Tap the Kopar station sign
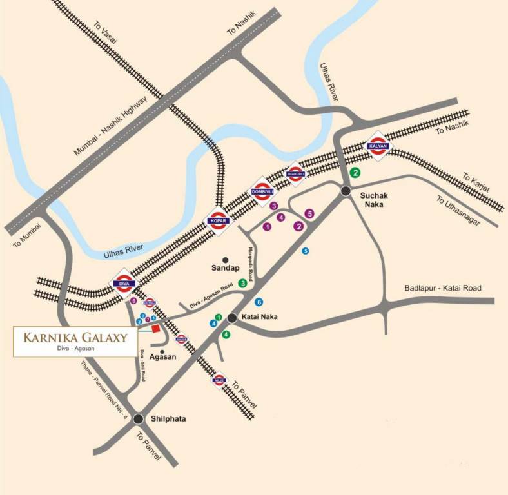(x=216, y=221)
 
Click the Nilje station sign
(x=219, y=380)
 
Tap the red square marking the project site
(x=155, y=329)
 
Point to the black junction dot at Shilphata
(x=139, y=419)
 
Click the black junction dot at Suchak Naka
(x=346, y=190)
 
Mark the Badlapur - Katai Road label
(x=443, y=288)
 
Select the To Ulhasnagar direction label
(x=458, y=210)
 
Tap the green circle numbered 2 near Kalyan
(x=355, y=172)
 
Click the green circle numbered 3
(x=242, y=283)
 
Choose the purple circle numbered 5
(x=309, y=213)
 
